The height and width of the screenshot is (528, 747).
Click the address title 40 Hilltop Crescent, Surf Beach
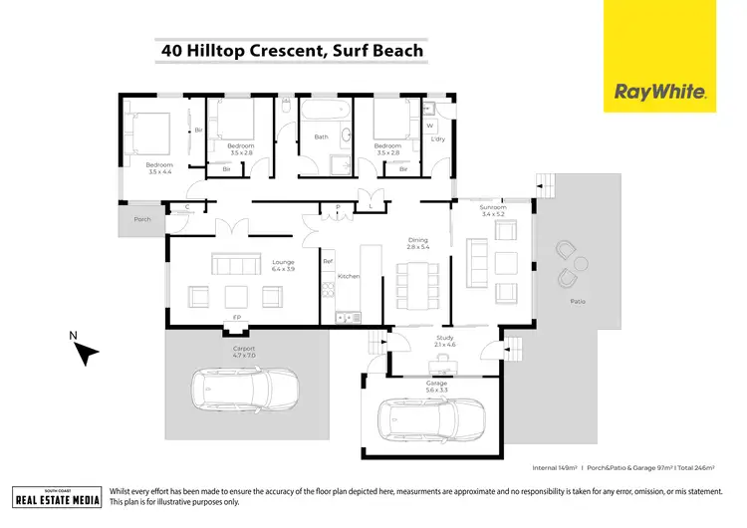[292, 50]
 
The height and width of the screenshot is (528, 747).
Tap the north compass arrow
[88, 352]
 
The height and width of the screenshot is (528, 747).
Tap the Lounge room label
[284, 266]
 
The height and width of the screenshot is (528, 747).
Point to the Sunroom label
[493, 210]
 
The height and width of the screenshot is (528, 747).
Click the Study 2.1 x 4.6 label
[445, 341]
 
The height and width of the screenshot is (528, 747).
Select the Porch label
[142, 219]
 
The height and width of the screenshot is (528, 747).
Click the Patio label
[578, 301]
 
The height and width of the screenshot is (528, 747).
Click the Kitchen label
[348, 276]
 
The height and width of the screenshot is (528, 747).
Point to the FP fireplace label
[237, 317]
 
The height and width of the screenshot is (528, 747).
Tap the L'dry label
[437, 138]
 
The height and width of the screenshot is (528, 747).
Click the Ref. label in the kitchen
[327, 261]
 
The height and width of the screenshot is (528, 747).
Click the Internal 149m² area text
[556, 467]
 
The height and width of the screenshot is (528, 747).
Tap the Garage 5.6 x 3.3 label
[434, 385]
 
